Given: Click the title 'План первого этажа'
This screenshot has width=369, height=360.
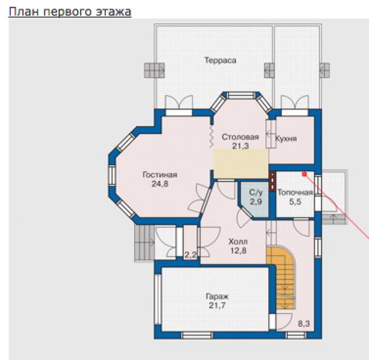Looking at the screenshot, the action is coord(70,12).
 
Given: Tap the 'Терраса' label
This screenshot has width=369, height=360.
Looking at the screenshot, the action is coord(220,60).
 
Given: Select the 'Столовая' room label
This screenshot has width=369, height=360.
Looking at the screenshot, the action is coord(240,137).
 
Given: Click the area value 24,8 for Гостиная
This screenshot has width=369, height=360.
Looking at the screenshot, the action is coord(160,184).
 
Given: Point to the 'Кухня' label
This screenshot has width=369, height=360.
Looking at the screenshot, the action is coord(286,139).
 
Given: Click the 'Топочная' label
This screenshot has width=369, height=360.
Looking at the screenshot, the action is coord(295,192).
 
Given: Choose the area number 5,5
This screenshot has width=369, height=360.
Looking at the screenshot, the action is coord(295,201).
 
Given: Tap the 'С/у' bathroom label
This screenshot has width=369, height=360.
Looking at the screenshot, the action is coord(256,192).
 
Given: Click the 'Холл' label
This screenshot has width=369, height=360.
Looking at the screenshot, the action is coord(238,242).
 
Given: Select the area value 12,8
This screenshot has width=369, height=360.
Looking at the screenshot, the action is coord(238,251).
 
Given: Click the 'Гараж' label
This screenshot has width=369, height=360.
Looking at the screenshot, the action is coord(217,296).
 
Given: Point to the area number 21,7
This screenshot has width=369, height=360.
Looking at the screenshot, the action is coord(217,306).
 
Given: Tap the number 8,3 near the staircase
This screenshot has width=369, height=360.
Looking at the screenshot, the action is coord(304,324).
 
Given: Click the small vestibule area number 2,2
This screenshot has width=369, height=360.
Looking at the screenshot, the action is coord(190,255).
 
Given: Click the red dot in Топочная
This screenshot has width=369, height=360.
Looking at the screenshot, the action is coord(304,174).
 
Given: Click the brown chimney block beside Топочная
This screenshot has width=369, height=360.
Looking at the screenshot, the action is coord(273,181).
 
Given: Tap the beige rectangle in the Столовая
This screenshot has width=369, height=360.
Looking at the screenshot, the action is coord(241,164).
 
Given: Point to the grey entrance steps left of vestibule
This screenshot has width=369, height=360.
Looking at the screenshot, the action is coord(144,243).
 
